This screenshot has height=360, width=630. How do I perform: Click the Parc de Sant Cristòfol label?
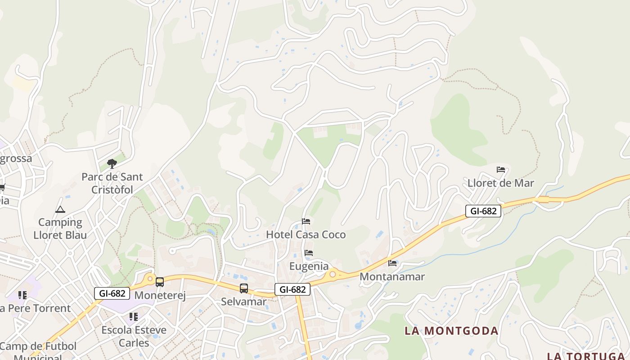click(112, 183)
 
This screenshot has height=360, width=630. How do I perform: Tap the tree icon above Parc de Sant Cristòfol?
click(112, 164)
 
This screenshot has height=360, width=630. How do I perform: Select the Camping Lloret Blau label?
click(60, 228)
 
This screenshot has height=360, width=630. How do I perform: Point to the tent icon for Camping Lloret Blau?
click(60, 209)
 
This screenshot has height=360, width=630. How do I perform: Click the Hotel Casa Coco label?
click(306, 234)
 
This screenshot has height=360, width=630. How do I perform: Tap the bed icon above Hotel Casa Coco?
click(306, 221)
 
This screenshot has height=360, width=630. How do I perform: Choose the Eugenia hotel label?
click(309, 266)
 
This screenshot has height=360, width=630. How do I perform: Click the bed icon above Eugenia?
click(309, 253)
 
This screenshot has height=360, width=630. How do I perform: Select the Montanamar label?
click(392, 276)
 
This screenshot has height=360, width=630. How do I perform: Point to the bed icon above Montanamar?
click(392, 263)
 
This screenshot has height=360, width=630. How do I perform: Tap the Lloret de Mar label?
click(501, 183)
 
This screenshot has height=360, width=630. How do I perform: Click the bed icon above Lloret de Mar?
click(501, 170)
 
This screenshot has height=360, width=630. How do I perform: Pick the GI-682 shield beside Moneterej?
click(112, 293)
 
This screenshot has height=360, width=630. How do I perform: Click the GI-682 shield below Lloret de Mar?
click(483, 211)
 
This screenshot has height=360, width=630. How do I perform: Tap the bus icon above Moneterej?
click(160, 282)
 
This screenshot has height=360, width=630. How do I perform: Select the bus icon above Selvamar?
click(244, 288)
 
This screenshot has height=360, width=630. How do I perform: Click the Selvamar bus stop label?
click(243, 301)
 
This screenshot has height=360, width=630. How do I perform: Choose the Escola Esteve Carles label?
click(134, 336)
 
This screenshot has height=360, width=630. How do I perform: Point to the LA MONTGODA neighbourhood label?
click(451, 331)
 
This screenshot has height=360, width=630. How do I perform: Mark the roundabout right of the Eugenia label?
click(333, 274)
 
